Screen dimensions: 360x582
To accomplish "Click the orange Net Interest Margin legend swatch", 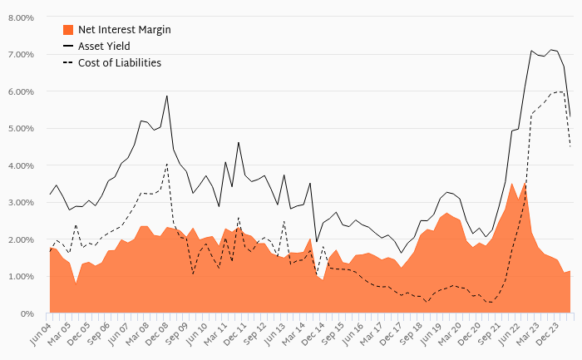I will [x=69, y=30].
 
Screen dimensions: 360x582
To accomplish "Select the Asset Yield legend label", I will [x=106, y=46].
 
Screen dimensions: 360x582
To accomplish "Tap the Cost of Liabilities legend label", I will [x=120, y=62].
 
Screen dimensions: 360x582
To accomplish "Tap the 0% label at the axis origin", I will [x=28, y=313].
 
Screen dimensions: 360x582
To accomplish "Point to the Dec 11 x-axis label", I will [x=236, y=330].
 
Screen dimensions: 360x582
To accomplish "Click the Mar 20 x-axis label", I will [x=452, y=330].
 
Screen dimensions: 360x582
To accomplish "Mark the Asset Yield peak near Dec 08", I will [x=167, y=96].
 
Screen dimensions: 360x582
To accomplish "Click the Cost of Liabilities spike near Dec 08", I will [x=167, y=164].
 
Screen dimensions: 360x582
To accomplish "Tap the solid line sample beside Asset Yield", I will [x=69, y=46].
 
